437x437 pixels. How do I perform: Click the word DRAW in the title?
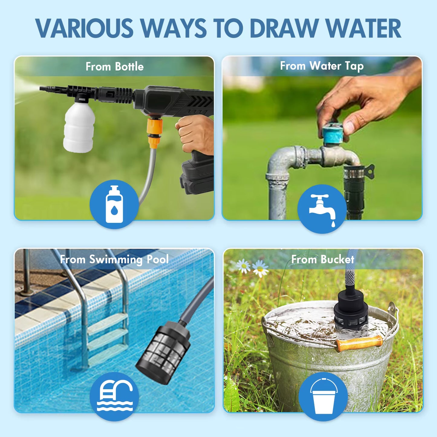coord(284,28)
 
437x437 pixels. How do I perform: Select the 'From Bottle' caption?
coord(114,67)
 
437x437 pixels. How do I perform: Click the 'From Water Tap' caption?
coord(322,66)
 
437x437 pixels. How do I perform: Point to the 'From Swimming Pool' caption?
coord(114,259)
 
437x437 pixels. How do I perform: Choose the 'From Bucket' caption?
coord(323,259)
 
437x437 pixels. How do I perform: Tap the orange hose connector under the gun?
coord(155,132)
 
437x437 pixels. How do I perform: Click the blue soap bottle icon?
coord(114,204)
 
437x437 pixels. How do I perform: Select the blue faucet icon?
coord(322,209)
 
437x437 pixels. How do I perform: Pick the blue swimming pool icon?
coord(114,396)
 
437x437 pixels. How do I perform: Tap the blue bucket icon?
coord(323,396)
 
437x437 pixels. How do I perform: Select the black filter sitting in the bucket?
coord(351,311)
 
